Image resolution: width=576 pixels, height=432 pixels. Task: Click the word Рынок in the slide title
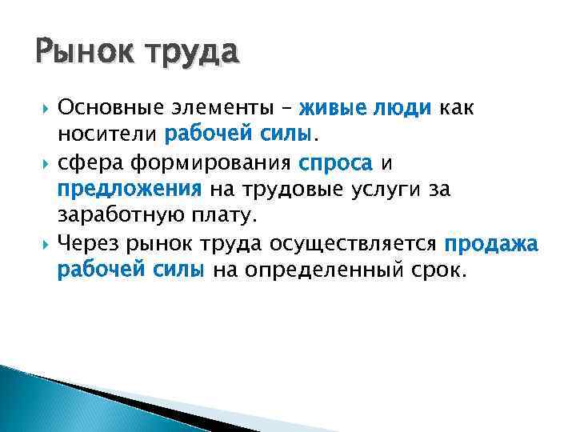[78, 54]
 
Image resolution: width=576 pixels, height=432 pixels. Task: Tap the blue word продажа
[492, 244]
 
